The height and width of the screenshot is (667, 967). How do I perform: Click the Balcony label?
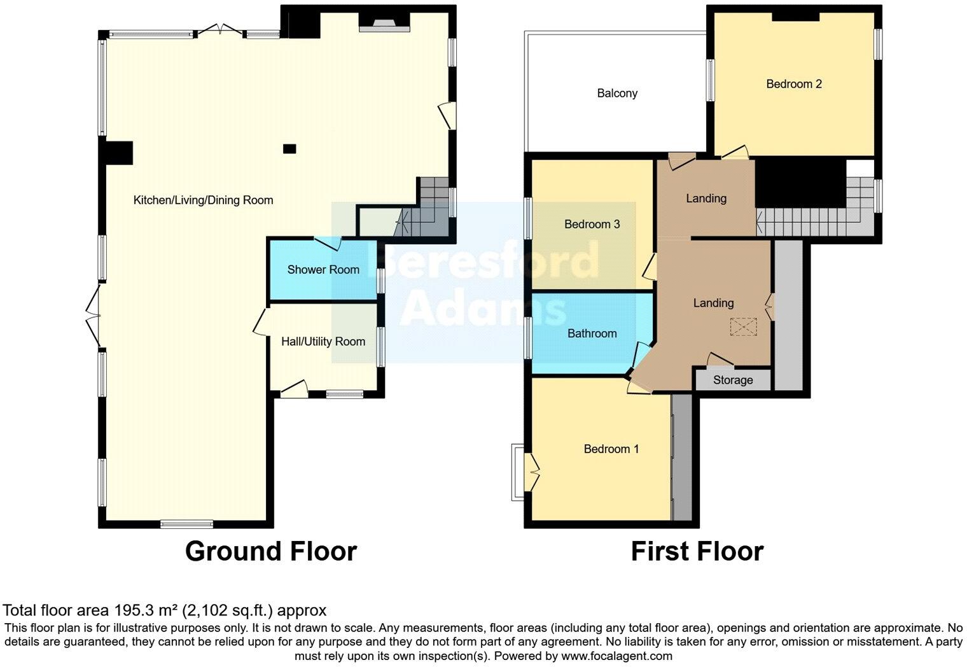tap(617, 94)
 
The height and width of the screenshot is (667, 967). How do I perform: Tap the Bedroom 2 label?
tap(793, 84)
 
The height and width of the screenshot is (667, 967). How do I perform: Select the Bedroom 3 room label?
tap(592, 224)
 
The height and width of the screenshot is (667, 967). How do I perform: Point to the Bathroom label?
tap(592, 333)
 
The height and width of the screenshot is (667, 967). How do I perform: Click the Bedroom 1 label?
tap(611, 449)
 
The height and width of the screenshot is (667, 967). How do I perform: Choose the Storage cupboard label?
tap(732, 381)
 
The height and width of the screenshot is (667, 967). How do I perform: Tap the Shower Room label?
tap(323, 270)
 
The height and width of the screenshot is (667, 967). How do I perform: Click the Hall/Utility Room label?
tap(323, 342)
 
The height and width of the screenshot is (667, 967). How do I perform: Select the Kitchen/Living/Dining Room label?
tap(203, 200)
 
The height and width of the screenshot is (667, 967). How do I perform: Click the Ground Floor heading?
tap(270, 551)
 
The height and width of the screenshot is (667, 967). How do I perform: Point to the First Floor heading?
tap(697, 551)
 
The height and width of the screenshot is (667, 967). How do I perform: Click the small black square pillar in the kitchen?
tap(289, 149)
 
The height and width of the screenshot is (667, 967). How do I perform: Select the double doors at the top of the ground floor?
tap(219, 30)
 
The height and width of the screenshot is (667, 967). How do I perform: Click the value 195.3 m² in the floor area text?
tap(146, 611)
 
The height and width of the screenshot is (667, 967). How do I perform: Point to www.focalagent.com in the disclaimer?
tap(616, 656)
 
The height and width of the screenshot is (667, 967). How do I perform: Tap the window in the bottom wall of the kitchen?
tap(186, 524)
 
